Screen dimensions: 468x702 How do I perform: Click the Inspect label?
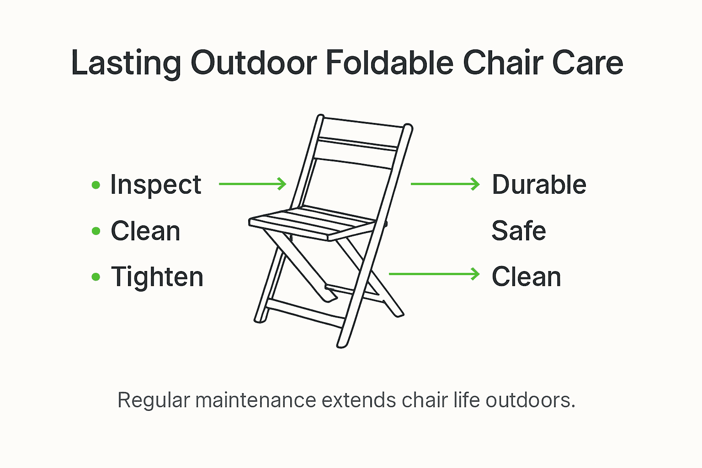tap(155, 185)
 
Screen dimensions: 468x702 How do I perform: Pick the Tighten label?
tap(157, 277)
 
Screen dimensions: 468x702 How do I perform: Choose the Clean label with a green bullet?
tap(145, 231)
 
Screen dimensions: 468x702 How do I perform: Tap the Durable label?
tap(539, 185)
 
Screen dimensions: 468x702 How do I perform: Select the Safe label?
tap(519, 231)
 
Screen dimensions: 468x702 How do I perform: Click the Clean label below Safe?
tap(526, 277)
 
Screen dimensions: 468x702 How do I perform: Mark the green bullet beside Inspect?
tap(96, 185)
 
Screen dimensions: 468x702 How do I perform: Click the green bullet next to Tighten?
tap(96, 277)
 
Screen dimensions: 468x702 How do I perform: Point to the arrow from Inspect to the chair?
tap(252, 184)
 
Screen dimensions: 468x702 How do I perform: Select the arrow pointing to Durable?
tap(445, 184)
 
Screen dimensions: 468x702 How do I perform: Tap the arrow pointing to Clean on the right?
tap(434, 274)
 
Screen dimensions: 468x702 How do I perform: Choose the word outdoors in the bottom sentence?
tap(530, 400)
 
